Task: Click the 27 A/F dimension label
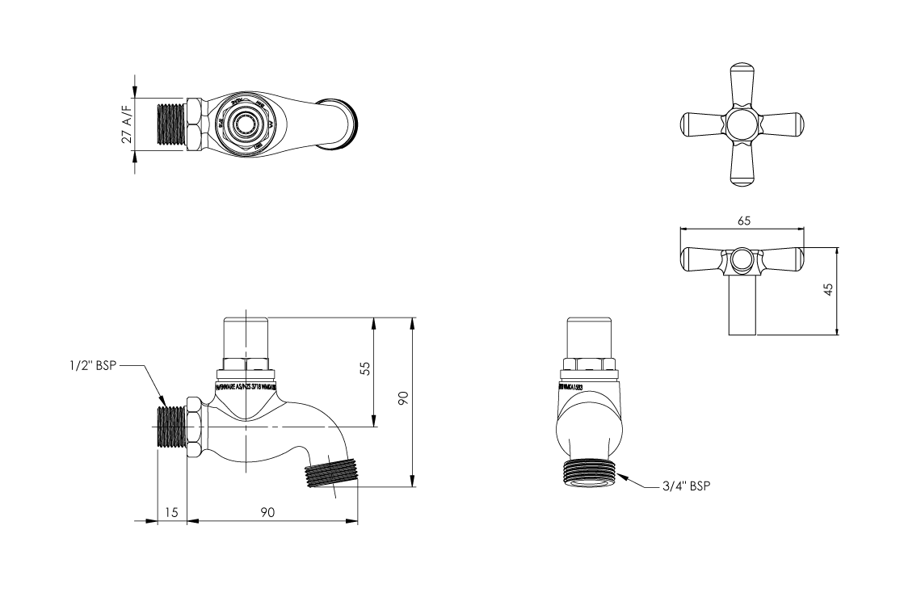(x=127, y=124)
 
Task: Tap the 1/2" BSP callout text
(x=93, y=366)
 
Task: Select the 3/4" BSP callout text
(x=683, y=486)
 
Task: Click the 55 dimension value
(x=365, y=368)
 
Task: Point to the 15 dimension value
(x=170, y=512)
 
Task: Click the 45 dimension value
(x=828, y=290)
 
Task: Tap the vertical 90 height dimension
(x=403, y=398)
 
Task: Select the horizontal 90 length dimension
(x=268, y=512)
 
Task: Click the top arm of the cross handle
(x=742, y=84)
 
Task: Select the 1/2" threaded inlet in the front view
(x=170, y=426)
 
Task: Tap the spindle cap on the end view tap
(x=591, y=335)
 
